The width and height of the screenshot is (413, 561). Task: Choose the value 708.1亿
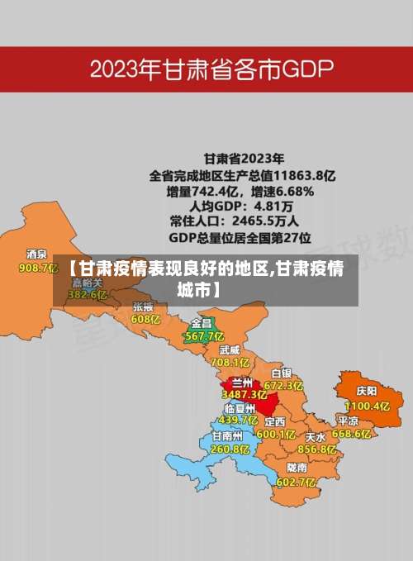tap(230, 362)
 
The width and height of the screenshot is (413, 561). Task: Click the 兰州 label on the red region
tap(243, 383)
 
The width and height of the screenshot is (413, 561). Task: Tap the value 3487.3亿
tap(244, 395)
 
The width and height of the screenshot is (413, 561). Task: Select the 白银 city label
tap(281, 373)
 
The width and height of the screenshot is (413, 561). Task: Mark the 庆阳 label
tap(367, 391)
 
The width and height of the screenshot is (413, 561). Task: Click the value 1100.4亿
tap(367, 406)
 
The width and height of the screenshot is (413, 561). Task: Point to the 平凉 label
tap(348, 420)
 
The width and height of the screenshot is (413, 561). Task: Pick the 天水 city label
tap(316, 436)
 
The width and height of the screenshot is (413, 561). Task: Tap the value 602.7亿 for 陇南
tap(296, 482)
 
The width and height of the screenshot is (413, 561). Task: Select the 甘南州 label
tap(227, 435)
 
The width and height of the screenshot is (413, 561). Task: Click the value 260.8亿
tap(230, 449)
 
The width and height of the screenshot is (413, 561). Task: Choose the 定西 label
tap(274, 421)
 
